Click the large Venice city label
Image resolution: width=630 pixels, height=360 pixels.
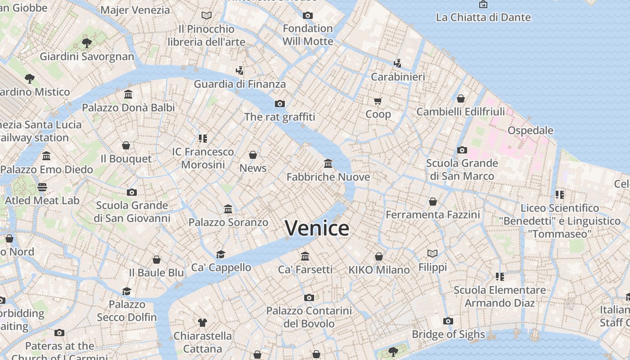[317, 228]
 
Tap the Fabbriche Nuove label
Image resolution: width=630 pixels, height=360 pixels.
[328, 177]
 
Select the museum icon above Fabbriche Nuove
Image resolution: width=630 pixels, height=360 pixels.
[328, 163]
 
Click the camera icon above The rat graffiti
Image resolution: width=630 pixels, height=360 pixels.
[280, 103]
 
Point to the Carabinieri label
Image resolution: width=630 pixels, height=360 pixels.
[398, 77]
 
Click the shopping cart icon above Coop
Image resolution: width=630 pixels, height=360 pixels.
[378, 101]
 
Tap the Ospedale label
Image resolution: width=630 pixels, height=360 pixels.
[530, 130]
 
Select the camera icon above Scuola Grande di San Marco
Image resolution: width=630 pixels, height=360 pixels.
[462, 150]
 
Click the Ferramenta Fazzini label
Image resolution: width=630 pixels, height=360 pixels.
[433, 215]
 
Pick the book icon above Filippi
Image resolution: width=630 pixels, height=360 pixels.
[432, 253]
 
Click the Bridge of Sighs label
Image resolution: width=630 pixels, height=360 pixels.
[449, 334]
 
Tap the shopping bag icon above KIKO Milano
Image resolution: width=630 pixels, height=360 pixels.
[379, 256]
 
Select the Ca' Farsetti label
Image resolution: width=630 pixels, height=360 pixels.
[305, 270]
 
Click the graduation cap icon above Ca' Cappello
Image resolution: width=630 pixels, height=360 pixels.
[220, 254]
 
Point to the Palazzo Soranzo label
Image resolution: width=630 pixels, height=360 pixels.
[228, 222]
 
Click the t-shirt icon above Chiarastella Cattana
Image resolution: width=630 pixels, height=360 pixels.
[202, 322]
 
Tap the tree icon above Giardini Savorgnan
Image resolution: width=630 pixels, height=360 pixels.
[87, 43]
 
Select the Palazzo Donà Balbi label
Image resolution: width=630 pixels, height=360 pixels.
[128, 108]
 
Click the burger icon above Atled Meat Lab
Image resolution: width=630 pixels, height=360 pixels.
[42, 187]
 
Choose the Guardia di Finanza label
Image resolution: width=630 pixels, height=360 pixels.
[240, 84]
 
